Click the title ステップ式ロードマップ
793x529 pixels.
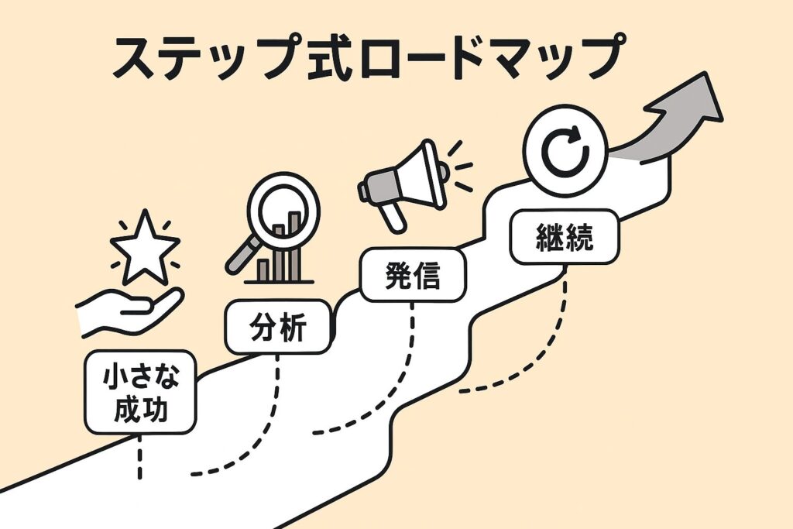(368, 57)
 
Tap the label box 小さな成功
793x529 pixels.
(141, 392)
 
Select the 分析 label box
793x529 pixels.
(279, 327)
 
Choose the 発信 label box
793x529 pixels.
(413, 275)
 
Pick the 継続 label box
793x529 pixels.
(565, 237)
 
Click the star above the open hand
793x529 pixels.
(145, 249)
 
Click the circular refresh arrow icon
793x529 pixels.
(565, 151)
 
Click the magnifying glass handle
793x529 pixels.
(242, 256)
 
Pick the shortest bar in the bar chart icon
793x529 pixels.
(263, 270)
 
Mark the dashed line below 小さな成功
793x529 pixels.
(139, 457)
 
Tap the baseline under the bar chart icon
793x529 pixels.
(279, 282)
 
